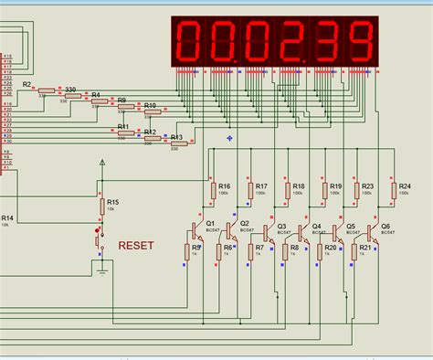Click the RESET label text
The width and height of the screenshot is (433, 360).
[136, 246]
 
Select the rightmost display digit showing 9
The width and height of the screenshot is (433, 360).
[362, 41]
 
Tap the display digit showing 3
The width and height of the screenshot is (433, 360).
[327, 41]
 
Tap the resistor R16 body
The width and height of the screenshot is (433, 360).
[212, 190]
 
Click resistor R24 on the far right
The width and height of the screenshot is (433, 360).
[392, 190]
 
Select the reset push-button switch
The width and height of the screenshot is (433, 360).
[99, 241]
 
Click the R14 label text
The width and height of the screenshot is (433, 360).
[6, 217]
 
